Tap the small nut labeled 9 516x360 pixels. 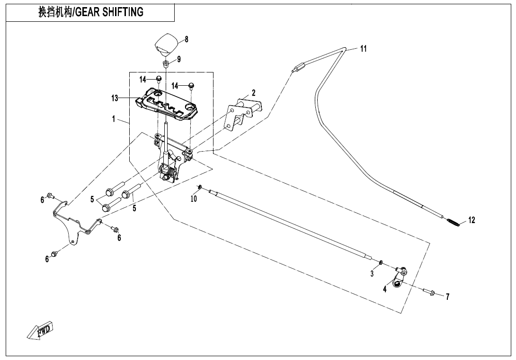tap(166, 62)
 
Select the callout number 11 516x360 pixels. tap(363, 49)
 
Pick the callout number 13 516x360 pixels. tap(115, 99)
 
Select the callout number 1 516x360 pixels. tap(114, 119)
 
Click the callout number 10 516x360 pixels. tap(194, 199)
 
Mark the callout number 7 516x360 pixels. tap(447, 297)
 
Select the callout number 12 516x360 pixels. tap(472, 220)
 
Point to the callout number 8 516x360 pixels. tap(187, 39)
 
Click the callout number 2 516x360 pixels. tap(254, 93)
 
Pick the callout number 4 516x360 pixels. tap(385, 289)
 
